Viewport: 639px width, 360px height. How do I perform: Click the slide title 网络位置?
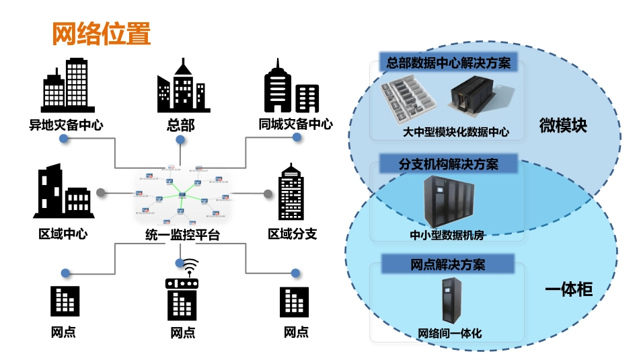pos(102,34)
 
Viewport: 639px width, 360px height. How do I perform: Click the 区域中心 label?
pos(63,233)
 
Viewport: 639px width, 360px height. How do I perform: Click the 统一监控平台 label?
pos(182,235)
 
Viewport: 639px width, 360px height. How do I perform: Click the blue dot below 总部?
pos(180,140)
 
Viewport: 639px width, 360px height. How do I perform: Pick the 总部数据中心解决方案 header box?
pos(448,63)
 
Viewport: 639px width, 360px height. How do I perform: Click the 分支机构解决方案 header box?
pos(449,164)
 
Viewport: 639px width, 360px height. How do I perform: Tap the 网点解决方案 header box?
pos(448,264)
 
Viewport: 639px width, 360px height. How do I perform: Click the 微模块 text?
pos(563,125)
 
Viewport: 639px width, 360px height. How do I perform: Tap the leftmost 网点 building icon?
pos(65,301)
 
